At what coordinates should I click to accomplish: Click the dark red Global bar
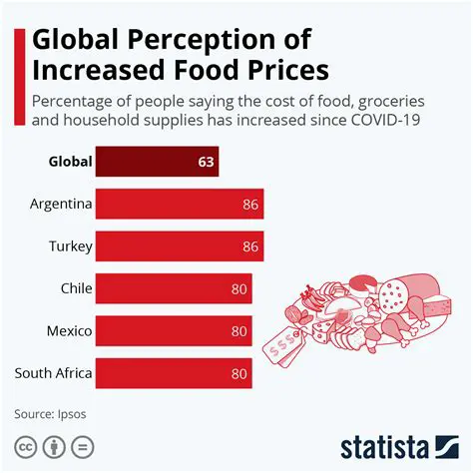point(158,161)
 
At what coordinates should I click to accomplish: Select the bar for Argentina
point(181,204)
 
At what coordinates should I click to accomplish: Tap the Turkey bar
point(181,245)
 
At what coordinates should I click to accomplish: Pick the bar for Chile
point(175,288)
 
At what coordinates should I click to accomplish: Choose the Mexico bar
point(175,330)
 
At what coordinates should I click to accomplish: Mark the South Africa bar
point(175,373)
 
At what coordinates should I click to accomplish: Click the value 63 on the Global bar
point(207,161)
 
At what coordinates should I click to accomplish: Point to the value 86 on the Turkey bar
point(250,246)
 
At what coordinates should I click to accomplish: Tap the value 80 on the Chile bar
point(238,288)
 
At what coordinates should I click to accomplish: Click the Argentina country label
point(61,204)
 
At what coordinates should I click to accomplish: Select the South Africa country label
point(54,373)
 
